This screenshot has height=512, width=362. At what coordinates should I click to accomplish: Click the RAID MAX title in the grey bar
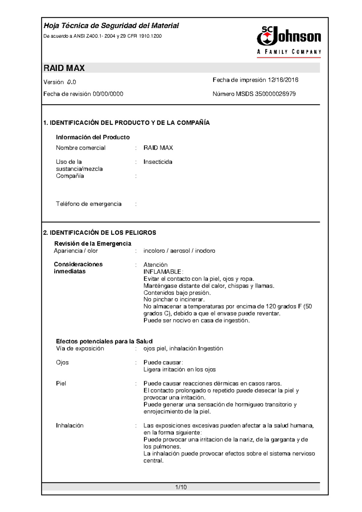click(64, 68)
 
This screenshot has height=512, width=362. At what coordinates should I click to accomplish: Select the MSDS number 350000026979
click(275, 94)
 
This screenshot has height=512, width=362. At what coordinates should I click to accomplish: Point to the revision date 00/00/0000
click(108, 94)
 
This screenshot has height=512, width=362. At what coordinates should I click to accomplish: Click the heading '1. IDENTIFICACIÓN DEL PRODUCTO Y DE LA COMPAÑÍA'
click(126, 123)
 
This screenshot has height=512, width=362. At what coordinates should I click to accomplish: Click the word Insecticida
click(158, 162)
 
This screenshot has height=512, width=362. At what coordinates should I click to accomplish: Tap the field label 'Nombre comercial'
click(81, 148)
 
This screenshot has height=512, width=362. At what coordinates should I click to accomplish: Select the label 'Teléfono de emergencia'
click(89, 204)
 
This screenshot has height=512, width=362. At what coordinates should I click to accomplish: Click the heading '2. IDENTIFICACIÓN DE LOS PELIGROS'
click(100, 233)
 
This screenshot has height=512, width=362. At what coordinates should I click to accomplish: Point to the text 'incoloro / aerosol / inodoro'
click(179, 251)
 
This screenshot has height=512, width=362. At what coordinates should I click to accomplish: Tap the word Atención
click(155, 265)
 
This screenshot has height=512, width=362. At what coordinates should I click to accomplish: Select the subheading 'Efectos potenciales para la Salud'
click(104, 341)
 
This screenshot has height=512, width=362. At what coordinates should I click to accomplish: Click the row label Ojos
click(62, 363)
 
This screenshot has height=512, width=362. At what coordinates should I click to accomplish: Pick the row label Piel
click(61, 383)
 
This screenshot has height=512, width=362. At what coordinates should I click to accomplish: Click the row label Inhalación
click(70, 426)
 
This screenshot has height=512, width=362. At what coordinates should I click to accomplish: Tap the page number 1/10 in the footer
click(181, 487)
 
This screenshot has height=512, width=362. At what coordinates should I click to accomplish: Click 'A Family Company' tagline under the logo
click(289, 52)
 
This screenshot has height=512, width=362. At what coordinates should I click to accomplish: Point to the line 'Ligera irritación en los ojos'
click(179, 370)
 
